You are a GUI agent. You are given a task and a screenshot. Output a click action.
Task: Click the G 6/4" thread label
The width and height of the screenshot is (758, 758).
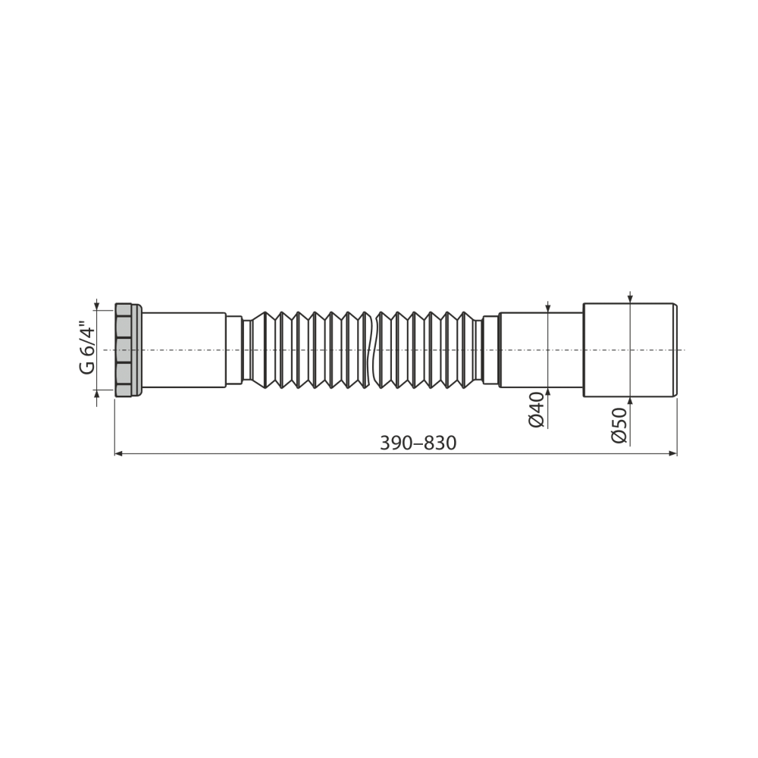pyautogui.click(x=88, y=349)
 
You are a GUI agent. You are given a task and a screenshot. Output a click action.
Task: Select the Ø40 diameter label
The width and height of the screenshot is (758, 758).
pyautogui.click(x=537, y=409)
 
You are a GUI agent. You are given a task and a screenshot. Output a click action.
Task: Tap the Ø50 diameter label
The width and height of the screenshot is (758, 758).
pyautogui.click(x=619, y=425)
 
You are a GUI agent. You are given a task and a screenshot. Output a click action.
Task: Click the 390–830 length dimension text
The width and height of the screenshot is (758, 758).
pyautogui.click(x=418, y=443)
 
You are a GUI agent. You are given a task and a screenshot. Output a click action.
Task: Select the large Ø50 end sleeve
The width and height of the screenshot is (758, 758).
pyautogui.click(x=629, y=349)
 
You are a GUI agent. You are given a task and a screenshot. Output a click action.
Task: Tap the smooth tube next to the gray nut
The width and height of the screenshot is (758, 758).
pyautogui.click(x=183, y=349)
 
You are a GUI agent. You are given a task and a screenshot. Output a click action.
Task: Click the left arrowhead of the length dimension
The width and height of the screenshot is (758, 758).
pyautogui.click(x=118, y=453)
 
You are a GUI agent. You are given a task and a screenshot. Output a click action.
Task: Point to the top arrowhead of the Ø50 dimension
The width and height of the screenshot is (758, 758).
pyautogui.click(x=630, y=299)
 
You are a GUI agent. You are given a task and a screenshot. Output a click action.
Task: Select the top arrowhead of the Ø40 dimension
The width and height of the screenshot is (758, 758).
pyautogui.click(x=548, y=308)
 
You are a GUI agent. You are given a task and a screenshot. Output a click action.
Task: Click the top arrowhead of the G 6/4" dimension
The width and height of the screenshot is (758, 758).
pyautogui.click(x=96, y=305)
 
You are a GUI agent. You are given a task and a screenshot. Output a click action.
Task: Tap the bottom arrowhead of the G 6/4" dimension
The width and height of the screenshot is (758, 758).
pyautogui.click(x=96, y=393)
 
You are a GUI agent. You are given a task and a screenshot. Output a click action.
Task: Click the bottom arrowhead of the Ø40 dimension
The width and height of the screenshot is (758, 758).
pyautogui.click(x=548, y=392)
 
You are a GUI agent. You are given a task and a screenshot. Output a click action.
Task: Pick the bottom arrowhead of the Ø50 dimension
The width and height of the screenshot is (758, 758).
pyautogui.click(x=630, y=401)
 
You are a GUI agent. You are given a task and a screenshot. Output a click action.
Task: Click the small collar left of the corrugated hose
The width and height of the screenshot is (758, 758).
pyautogui.click(x=234, y=349)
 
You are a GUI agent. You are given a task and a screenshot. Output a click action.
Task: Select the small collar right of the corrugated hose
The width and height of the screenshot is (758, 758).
pyautogui.click(x=490, y=349)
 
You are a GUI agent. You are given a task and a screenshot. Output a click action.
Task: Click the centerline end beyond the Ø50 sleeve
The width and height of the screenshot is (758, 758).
pyautogui.click(x=683, y=349)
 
